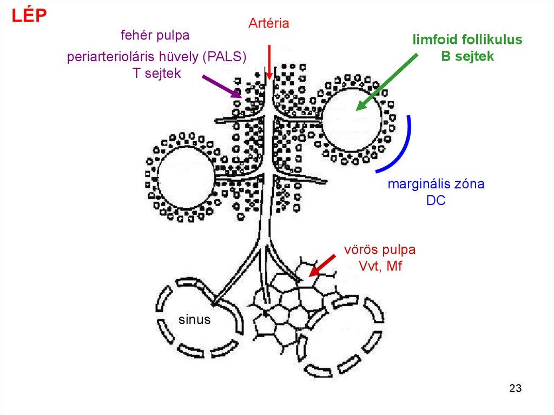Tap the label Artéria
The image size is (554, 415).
(x=269, y=23)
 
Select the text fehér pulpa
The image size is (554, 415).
(x=155, y=36)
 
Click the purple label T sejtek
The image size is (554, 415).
(x=156, y=74)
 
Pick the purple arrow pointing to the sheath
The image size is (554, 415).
(x=221, y=86)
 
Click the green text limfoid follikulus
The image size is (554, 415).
(x=467, y=39)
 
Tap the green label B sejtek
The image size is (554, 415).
(x=467, y=56)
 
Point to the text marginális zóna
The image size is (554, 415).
(x=436, y=184)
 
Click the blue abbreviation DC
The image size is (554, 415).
(x=435, y=200)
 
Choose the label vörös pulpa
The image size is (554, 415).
(x=380, y=250)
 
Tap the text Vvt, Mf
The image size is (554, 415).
(x=380, y=266)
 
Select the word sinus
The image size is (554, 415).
(x=194, y=319)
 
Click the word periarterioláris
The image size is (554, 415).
(x=110, y=57)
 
